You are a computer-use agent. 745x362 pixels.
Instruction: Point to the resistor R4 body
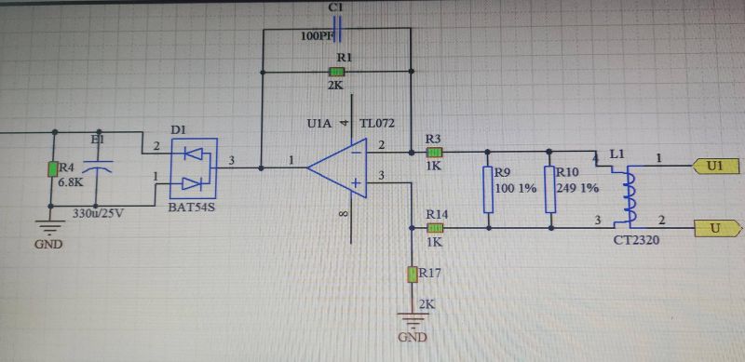53,168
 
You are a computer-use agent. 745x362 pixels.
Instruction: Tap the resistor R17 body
413,275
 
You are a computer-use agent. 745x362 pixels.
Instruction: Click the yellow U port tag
715,227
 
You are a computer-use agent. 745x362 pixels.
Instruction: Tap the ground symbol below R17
413,321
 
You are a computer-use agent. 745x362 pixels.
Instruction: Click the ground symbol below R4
46,223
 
